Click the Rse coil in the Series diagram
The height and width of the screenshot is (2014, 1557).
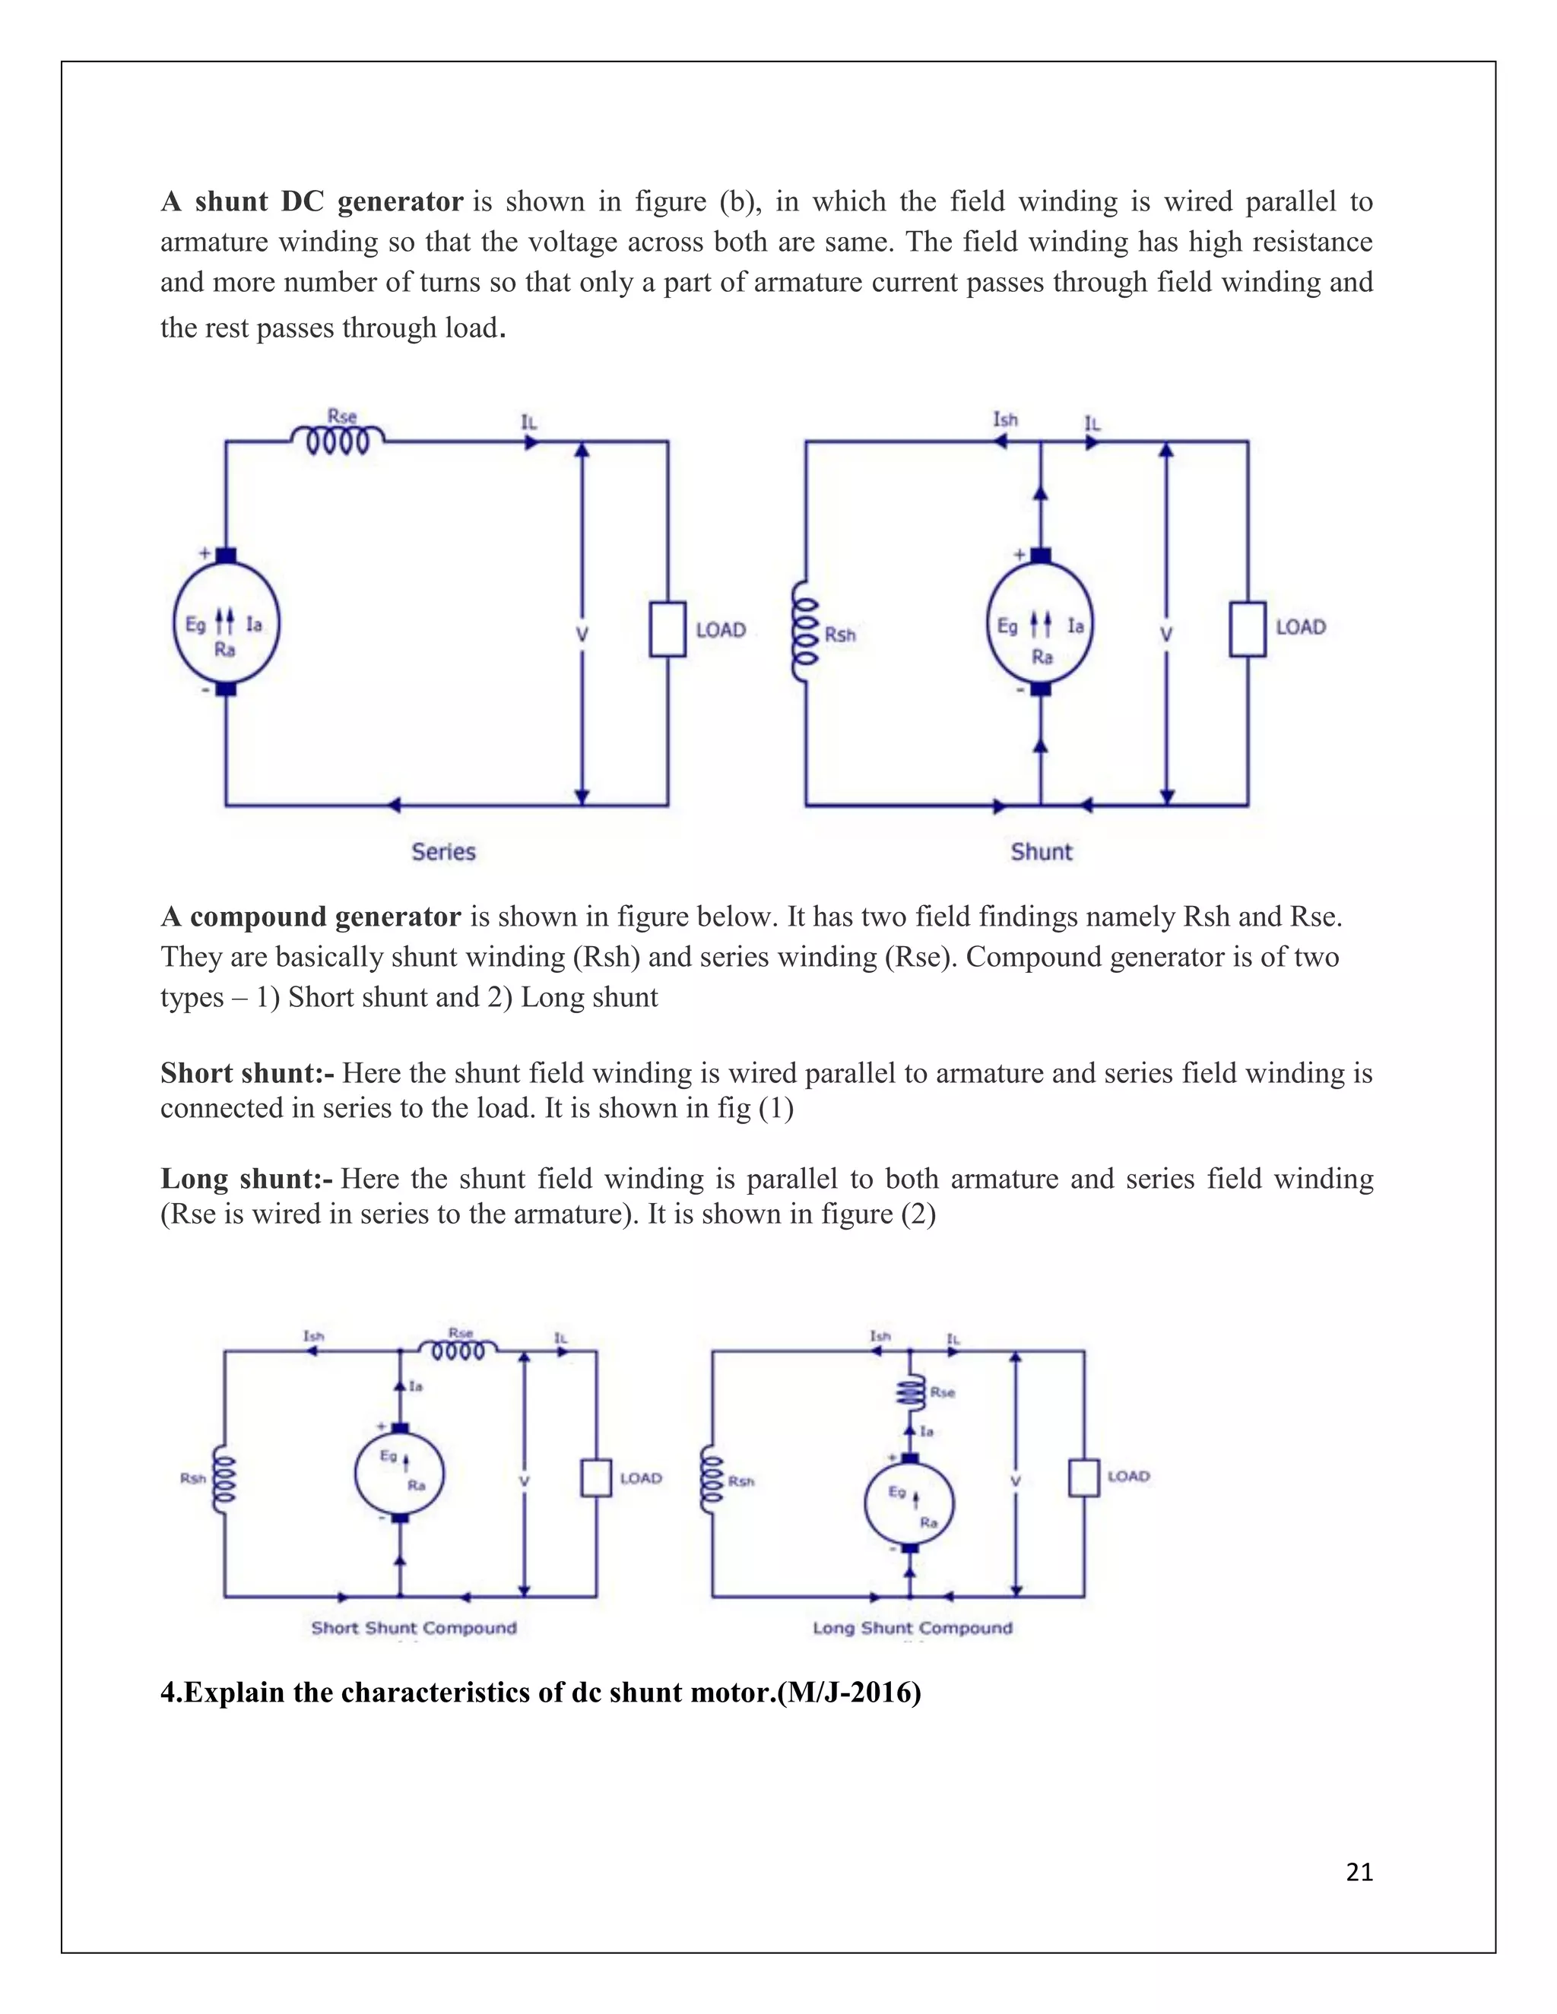pyautogui.click(x=338, y=442)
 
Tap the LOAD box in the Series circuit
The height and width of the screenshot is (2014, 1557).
pyautogui.click(x=667, y=630)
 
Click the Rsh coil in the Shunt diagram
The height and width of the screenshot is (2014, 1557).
pyautogui.click(x=806, y=631)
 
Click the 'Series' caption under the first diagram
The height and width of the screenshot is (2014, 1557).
pyautogui.click(x=444, y=852)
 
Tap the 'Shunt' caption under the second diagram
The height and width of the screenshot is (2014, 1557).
pyautogui.click(x=1042, y=852)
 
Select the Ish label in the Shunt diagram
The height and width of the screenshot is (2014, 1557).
pyautogui.click(x=1005, y=420)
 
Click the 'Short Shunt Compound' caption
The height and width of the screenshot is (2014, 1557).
pyautogui.click(x=414, y=1628)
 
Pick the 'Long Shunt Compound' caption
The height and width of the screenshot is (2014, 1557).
pyautogui.click(x=912, y=1628)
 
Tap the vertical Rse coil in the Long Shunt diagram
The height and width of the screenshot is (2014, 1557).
pyautogui.click(x=910, y=1392)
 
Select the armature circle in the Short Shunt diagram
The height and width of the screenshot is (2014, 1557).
pyautogui.click(x=399, y=1473)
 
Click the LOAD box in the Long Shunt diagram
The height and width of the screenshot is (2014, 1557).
pyautogui.click(x=1084, y=1477)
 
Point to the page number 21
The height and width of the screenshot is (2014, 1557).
pyautogui.click(x=1359, y=1873)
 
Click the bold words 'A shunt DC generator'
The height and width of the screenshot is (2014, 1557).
pyautogui.click(x=312, y=202)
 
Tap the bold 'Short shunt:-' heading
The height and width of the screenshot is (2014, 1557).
pyautogui.click(x=246, y=1073)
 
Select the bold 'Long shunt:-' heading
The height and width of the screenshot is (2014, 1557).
pyautogui.click(x=246, y=1179)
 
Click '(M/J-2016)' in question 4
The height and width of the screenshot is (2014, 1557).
pyautogui.click(x=848, y=1693)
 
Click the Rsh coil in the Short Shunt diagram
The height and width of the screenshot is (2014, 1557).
pyautogui.click(x=225, y=1478)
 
